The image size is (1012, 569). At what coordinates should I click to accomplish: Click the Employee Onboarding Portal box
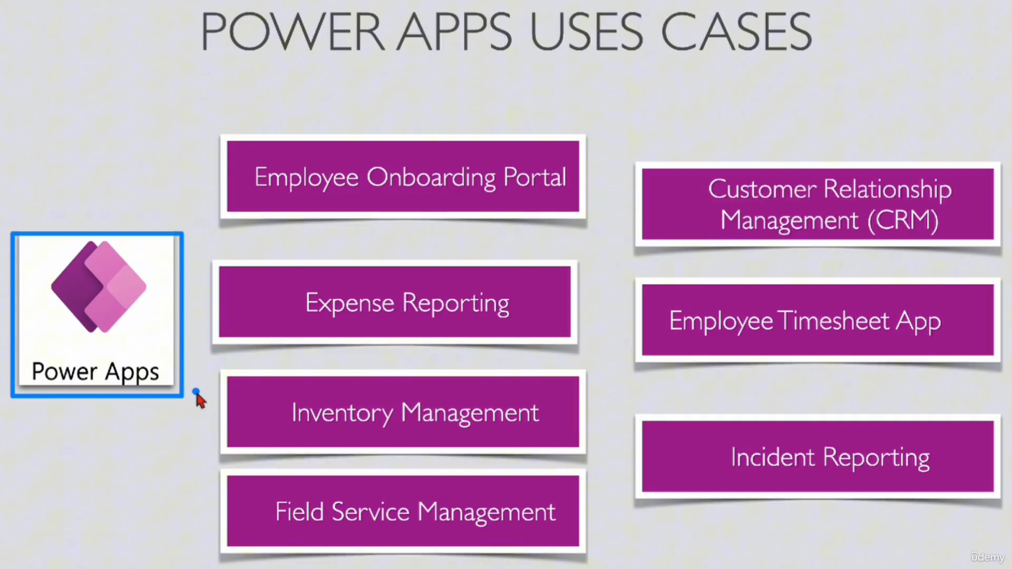403,176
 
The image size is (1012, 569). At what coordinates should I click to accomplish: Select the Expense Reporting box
395,302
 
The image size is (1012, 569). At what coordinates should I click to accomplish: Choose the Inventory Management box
403,412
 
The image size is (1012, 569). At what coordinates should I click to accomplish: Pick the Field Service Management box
403,511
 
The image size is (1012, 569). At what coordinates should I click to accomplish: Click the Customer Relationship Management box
818,204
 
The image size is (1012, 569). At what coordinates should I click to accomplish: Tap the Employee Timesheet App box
818,320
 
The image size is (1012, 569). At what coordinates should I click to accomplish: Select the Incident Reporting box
818,456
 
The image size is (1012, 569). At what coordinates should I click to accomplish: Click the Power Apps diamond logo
99,287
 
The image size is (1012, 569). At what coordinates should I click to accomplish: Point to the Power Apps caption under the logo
95,372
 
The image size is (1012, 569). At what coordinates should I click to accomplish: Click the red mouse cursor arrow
200,400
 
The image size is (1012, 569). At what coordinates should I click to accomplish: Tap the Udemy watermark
988,557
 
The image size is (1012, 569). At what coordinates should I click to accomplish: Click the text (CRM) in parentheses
903,220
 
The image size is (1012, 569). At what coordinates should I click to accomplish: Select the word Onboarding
431,178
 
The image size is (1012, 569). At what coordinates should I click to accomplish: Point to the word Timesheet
833,320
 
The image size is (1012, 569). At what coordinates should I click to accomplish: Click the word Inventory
342,413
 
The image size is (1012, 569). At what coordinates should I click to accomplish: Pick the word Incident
773,457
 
